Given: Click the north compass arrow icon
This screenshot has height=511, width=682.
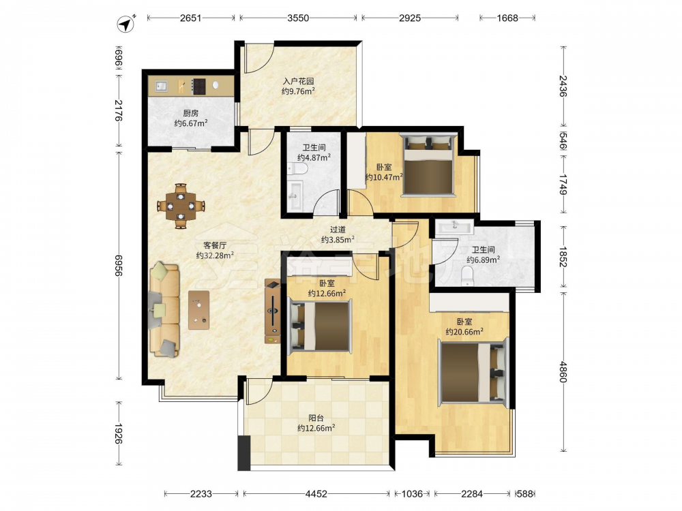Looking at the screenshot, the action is coord(126,23).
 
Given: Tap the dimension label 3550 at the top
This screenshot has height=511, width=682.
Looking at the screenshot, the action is coord(298,18).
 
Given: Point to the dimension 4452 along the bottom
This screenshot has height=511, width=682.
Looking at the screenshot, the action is coord(316,493).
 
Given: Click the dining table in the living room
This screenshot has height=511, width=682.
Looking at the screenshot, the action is coord(181,206).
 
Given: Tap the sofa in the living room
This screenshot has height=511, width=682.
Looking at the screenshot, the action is coord(164,309).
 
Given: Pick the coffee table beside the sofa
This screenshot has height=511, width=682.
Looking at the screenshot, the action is coord(198,310).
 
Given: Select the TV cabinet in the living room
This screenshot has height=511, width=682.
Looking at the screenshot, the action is coord(272,311).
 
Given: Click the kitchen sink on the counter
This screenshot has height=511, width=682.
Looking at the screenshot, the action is coord(161,86).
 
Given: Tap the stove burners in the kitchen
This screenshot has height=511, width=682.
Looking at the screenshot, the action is coord(199,86).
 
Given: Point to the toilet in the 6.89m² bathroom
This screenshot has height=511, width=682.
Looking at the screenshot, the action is coord(467,276).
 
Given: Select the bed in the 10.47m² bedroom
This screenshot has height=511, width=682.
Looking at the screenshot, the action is coord(428,165).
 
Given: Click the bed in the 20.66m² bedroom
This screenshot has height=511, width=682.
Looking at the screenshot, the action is coord(473,372).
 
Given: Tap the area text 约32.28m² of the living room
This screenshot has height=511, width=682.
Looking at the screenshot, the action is coord(216,255).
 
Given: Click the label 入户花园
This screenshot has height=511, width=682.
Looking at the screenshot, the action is coord(299,81).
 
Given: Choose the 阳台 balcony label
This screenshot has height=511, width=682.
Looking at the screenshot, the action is coord(316,418).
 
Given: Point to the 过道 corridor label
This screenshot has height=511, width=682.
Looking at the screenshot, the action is coord(338,230).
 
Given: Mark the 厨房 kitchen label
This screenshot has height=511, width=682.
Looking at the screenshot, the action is coord(190,113).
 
